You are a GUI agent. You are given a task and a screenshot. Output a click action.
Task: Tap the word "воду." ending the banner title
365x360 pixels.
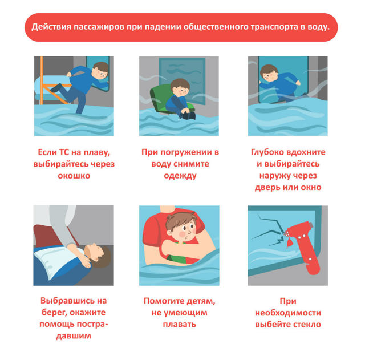click(x=319, y=27)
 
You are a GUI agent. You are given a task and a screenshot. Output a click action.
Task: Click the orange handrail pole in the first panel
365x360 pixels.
click(x=42, y=80)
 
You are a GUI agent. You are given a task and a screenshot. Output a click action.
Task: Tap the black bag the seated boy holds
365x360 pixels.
click(x=188, y=115)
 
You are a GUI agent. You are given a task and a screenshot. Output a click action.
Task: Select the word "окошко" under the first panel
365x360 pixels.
click(x=74, y=176)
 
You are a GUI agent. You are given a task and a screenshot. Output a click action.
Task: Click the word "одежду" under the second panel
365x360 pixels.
click(x=180, y=176)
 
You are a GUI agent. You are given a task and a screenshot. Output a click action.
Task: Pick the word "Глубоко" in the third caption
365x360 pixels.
click(x=267, y=152)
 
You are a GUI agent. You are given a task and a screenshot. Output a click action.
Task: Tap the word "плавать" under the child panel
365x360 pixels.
click(x=180, y=325)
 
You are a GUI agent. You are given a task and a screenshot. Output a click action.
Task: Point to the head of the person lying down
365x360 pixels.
click(x=98, y=256)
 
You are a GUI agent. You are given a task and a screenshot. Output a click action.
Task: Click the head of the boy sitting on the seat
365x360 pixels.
click(x=180, y=88)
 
